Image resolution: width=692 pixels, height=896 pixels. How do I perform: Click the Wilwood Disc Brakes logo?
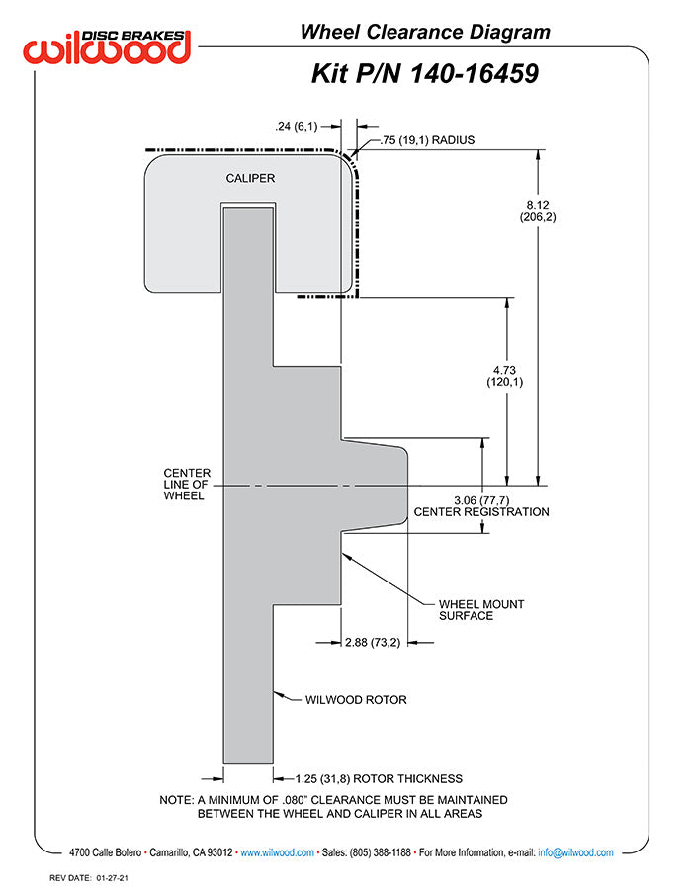107,46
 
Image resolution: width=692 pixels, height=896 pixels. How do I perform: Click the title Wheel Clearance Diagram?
425,33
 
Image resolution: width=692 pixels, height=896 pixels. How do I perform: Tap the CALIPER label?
249,179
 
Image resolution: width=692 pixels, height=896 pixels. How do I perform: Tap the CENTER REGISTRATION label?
481,512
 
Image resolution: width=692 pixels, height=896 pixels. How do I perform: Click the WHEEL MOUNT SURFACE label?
481,609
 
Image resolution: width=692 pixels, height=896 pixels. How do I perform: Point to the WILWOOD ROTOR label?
356,700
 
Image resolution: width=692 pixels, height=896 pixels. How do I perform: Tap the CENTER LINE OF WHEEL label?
186,485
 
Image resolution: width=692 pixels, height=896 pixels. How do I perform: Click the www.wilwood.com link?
278,852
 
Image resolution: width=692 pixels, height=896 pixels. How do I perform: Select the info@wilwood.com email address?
576,852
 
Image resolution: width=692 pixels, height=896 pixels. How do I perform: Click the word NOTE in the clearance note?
177,799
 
